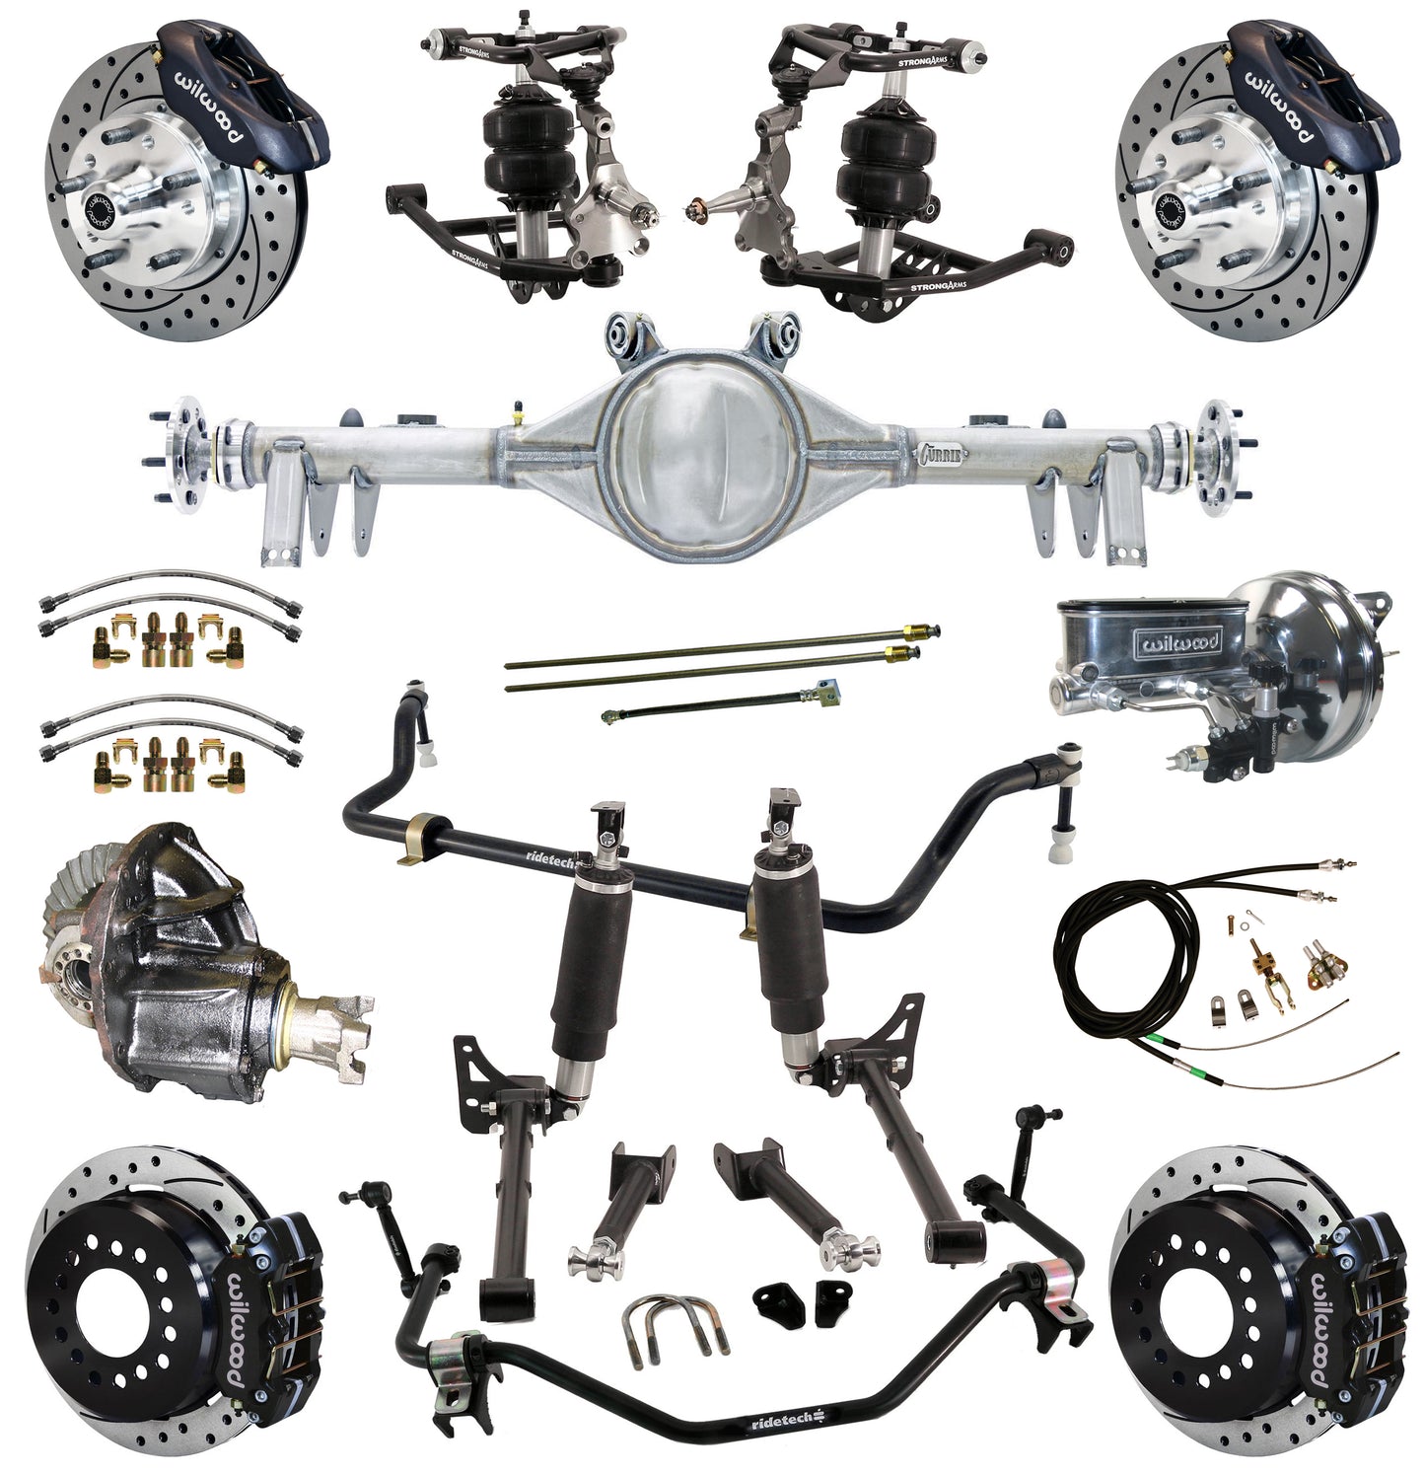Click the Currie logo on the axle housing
point(941,455)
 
